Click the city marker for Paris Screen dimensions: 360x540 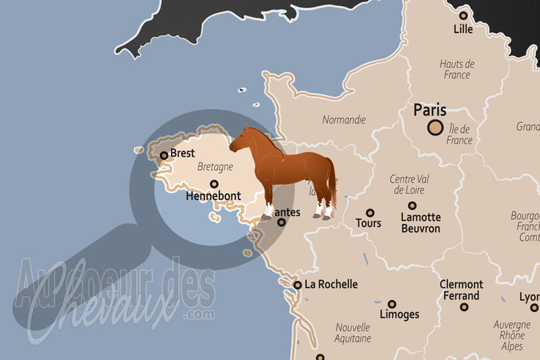pyautogui.click(x=436, y=127)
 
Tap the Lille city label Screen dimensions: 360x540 pyautogui.click(x=464, y=29)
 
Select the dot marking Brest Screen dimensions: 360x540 pyautogui.click(x=164, y=155)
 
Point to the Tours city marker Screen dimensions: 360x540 pyautogui.click(x=369, y=213)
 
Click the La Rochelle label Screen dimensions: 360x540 pyautogui.click(x=331, y=284)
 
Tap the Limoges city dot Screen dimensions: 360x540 pyautogui.click(x=391, y=304)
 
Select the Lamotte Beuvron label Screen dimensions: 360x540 pyautogui.click(x=421, y=223)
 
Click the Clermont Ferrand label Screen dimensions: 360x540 pyautogui.click(x=462, y=290)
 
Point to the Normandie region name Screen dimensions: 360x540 pyautogui.click(x=344, y=120)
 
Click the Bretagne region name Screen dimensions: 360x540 pyautogui.click(x=215, y=167)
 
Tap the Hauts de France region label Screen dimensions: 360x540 pyautogui.click(x=457, y=70)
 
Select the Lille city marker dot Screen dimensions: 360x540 pyautogui.click(x=464, y=15)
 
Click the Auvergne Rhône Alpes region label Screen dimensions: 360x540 pyautogui.click(x=512, y=335)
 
